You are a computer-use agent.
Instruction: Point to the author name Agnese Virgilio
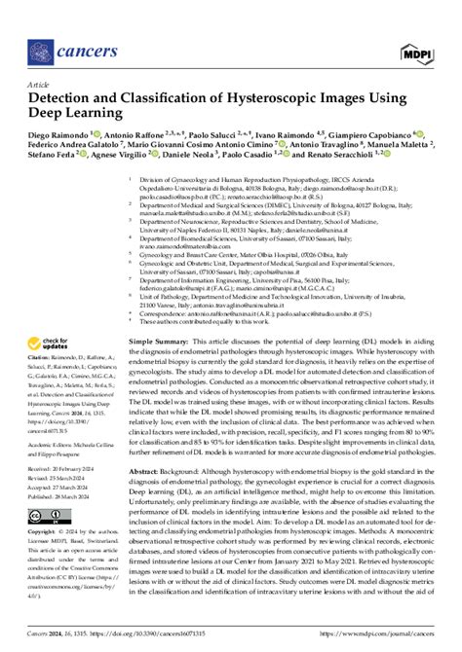(x=100, y=180)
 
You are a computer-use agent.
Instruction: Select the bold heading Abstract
(x=149, y=470)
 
